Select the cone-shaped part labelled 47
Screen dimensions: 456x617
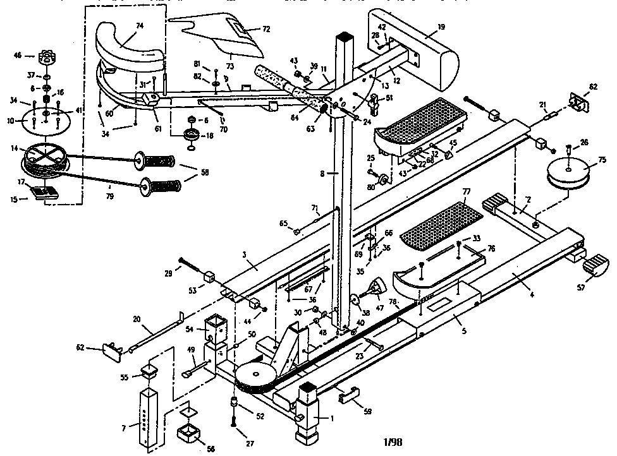[376, 288]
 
